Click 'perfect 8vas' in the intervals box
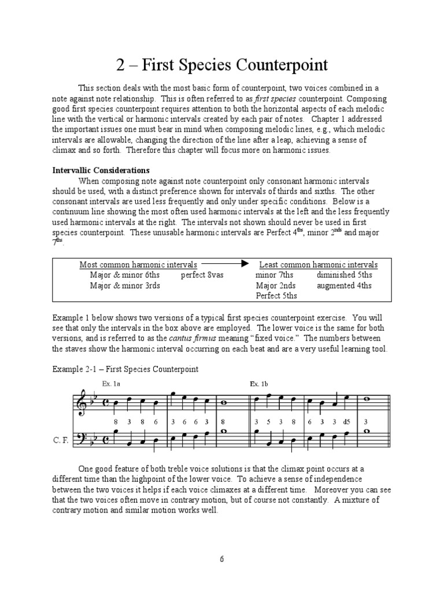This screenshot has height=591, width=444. [202, 275]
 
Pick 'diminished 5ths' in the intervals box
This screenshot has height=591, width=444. [344, 275]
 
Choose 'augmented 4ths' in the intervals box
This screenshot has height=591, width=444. [344, 285]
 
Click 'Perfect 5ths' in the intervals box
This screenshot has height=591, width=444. [276, 295]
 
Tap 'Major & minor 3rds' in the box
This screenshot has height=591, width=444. [125, 285]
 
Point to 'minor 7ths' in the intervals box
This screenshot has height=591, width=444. [274, 275]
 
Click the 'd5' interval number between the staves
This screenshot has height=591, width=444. [346, 422]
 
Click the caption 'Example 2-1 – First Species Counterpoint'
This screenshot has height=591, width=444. [125, 368]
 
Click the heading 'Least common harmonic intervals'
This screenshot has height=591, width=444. [319, 264]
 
